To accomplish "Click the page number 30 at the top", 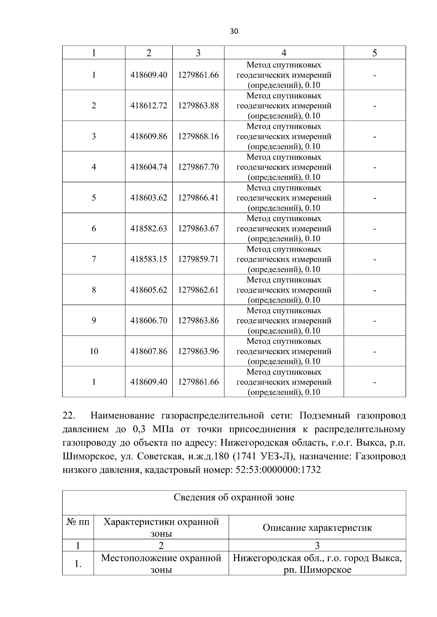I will (x=234, y=31).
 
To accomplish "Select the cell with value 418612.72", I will (x=149, y=106).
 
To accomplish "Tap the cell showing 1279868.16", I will (x=198, y=136).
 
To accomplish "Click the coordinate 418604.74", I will (x=149, y=167).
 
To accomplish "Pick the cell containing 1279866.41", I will (x=198, y=198).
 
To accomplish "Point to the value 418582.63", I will (x=149, y=229).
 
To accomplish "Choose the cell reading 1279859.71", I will (x=198, y=259).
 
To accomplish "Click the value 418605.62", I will (x=149, y=290).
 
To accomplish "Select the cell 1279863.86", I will (x=198, y=321).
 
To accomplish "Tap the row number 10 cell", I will (x=94, y=352).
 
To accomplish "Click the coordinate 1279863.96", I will (x=198, y=352).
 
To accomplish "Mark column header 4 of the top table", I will (x=284, y=53).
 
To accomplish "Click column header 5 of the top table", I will (x=374, y=53).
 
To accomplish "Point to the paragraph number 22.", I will (x=69, y=416).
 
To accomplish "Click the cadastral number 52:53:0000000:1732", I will (x=278, y=470).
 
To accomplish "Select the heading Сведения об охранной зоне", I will (x=234, y=497).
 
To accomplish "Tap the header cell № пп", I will (x=78, y=522).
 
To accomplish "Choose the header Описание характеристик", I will (x=317, y=528).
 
